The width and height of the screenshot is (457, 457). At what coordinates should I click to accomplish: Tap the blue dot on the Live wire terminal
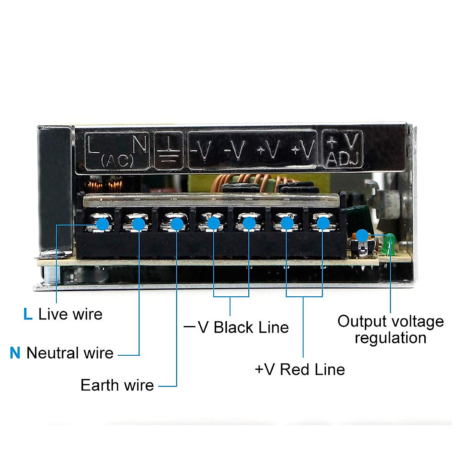tap(103, 223)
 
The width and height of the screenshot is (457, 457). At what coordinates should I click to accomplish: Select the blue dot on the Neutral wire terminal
tap(139, 224)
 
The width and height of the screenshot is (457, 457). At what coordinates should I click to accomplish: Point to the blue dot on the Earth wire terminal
tap(177, 224)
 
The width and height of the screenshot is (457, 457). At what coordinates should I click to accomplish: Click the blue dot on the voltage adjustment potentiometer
tap(362, 235)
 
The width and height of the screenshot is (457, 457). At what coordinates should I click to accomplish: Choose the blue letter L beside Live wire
tap(28, 314)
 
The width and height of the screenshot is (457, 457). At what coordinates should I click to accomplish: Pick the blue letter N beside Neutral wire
tap(15, 353)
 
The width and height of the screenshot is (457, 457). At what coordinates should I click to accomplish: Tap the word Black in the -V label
tap(233, 328)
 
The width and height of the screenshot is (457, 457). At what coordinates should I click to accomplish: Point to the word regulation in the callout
tap(390, 338)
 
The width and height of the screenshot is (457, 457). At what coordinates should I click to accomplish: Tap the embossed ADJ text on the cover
tap(342, 159)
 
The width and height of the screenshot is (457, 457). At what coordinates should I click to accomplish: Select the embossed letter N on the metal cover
tap(139, 144)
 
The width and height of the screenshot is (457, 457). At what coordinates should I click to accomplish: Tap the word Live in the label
tap(53, 314)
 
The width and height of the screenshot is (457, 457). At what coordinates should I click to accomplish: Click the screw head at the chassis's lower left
tap(50, 254)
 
